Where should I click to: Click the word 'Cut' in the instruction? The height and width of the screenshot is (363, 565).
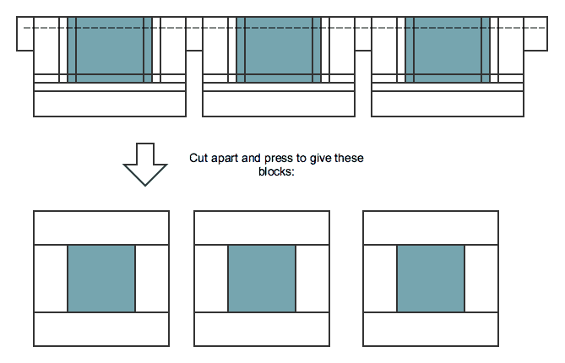click(x=198, y=158)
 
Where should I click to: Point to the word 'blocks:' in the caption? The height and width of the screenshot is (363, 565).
click(x=276, y=171)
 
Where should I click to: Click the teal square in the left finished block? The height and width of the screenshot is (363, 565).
click(x=101, y=279)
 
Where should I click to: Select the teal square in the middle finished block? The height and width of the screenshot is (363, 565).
click(x=262, y=279)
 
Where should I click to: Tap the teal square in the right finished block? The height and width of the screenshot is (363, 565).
click(x=431, y=279)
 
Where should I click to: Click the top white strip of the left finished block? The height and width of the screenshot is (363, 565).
click(x=101, y=228)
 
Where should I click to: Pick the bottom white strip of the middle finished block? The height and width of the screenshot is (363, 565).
click(x=262, y=329)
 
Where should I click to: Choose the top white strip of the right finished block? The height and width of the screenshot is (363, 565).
click(x=431, y=228)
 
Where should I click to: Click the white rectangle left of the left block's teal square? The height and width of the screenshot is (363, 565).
click(x=51, y=279)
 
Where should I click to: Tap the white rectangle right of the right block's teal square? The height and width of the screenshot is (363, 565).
click(x=481, y=279)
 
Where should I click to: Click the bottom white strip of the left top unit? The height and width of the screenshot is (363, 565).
click(x=110, y=104)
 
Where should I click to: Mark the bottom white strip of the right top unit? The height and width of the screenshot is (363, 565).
click(x=448, y=104)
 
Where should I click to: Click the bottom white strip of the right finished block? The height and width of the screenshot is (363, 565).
click(x=431, y=329)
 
